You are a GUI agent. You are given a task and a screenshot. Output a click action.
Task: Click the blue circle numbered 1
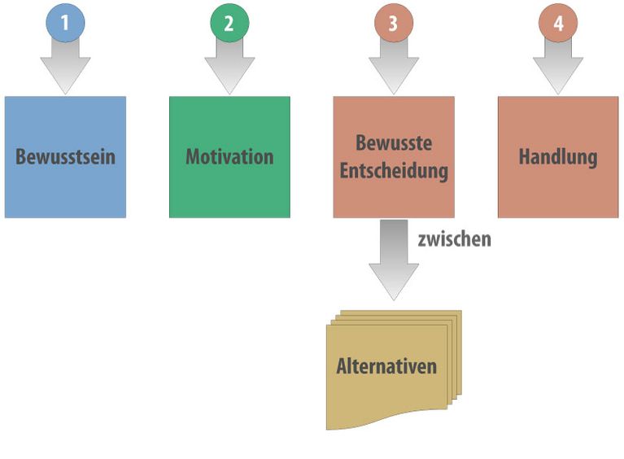[x=65, y=23]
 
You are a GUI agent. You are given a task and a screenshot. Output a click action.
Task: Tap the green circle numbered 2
[x=229, y=23]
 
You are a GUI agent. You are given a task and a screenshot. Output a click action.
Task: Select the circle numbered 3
[x=394, y=23]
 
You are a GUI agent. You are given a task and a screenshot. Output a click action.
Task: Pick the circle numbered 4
[x=558, y=23]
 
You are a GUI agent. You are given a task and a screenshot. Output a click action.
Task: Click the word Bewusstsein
[x=65, y=156]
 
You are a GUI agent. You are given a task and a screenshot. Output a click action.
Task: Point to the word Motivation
[x=229, y=156]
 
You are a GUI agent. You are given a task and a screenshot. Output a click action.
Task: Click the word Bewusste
[x=394, y=142]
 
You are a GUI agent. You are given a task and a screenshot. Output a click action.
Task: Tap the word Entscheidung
[x=394, y=171]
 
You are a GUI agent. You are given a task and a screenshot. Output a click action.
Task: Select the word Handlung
[x=558, y=157]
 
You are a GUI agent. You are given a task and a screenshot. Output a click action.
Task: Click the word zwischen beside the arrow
[x=455, y=239]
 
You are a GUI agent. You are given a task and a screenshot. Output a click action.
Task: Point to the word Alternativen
[x=386, y=366]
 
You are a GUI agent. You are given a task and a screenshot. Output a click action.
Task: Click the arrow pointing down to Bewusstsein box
[x=65, y=66]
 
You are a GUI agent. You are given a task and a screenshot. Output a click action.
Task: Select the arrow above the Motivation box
[x=229, y=66]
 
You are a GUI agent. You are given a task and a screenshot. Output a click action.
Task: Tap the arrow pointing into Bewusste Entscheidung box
[x=394, y=66]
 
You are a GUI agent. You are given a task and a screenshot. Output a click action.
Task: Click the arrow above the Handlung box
[x=558, y=66]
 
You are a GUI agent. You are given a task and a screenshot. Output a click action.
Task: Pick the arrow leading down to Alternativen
[x=394, y=260]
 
